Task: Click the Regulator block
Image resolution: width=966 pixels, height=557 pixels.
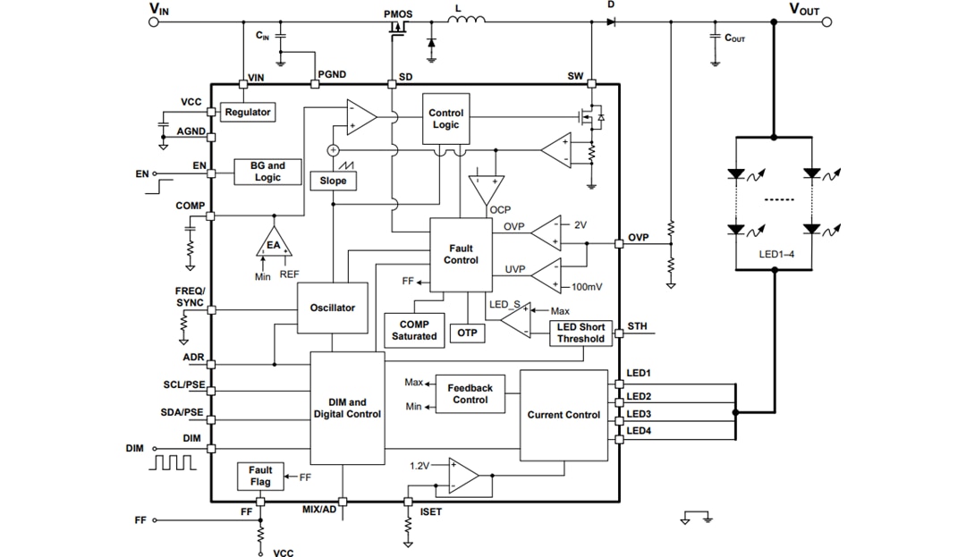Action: pyautogui.click(x=248, y=113)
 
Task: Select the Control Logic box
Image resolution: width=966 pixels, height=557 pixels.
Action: pyautogui.click(x=445, y=119)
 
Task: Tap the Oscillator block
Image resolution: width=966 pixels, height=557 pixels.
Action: pyautogui.click(x=332, y=308)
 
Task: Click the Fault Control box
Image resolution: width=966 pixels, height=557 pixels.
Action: pyautogui.click(x=461, y=255)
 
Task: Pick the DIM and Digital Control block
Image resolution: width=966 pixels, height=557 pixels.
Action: pyautogui.click(x=347, y=409)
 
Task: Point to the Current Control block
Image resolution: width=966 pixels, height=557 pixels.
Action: pyautogui.click(x=563, y=415)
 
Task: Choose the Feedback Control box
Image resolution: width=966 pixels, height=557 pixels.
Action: pyautogui.click(x=470, y=394)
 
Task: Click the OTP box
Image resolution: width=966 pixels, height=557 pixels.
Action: pyautogui.click(x=467, y=333)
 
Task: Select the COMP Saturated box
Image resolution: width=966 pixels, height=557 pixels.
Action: pyautogui.click(x=414, y=330)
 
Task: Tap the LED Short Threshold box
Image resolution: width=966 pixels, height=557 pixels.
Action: pyautogui.click(x=580, y=333)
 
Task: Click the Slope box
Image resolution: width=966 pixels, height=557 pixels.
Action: pyautogui.click(x=333, y=181)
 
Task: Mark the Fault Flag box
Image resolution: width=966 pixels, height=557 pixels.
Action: pyautogui.click(x=260, y=477)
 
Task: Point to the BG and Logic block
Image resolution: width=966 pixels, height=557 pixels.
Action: pyautogui.click(x=267, y=172)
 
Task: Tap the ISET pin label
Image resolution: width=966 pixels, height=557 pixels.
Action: pyautogui.click(x=430, y=512)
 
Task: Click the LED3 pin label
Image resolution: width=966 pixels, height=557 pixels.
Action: pyautogui.click(x=639, y=414)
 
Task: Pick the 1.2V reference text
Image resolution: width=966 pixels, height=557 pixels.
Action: pyautogui.click(x=419, y=466)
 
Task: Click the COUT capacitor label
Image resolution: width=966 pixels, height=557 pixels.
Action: pyautogui.click(x=734, y=39)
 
